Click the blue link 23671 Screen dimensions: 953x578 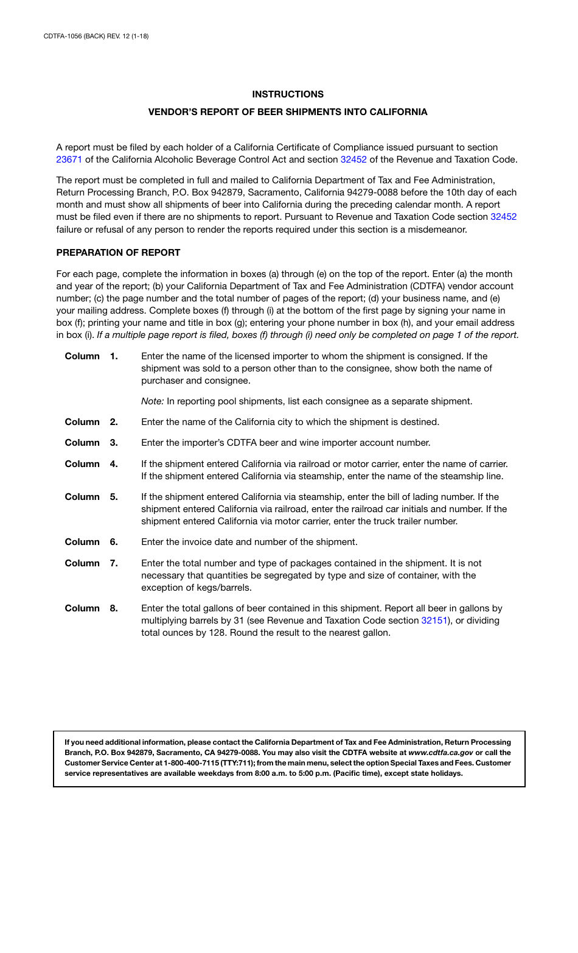[x=69, y=160]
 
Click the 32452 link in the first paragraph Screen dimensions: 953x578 [x=353, y=160]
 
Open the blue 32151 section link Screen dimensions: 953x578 [x=434, y=621]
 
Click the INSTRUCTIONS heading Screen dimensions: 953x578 [x=288, y=94]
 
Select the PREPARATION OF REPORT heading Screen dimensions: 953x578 [x=118, y=253]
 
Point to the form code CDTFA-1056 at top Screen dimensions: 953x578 [x=63, y=37]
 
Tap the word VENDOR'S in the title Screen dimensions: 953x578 [x=171, y=112]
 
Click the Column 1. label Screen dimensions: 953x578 [x=91, y=356]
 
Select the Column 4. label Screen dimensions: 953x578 [x=91, y=464]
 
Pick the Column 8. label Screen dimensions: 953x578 [x=91, y=608]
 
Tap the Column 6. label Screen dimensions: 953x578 [x=91, y=542]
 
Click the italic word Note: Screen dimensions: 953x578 [x=153, y=401]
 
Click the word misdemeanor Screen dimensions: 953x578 [x=437, y=230]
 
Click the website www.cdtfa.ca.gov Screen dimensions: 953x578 [x=440, y=753]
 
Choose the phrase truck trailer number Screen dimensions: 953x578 [x=416, y=521]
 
